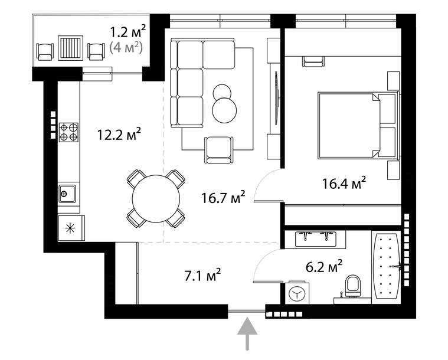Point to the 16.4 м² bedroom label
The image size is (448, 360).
[x=344, y=183]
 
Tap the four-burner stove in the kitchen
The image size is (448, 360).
[x=68, y=132]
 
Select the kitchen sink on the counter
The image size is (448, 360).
[x=68, y=192]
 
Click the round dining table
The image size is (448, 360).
[x=156, y=199]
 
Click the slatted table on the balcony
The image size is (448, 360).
[x=70, y=47]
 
